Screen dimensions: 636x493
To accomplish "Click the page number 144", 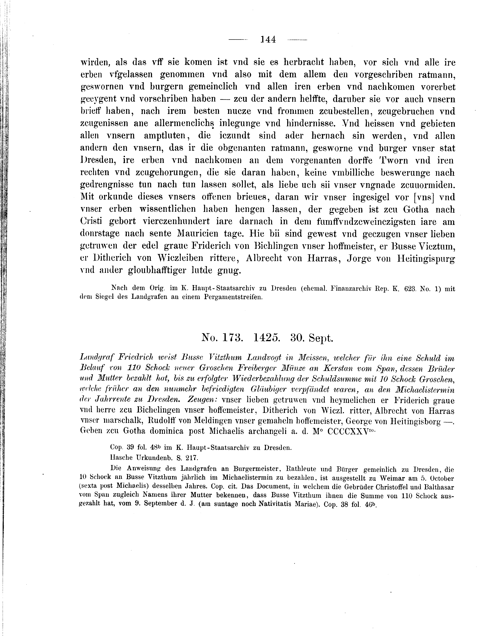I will coord(268,39).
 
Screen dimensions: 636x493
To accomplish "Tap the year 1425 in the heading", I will coord(267,338).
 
